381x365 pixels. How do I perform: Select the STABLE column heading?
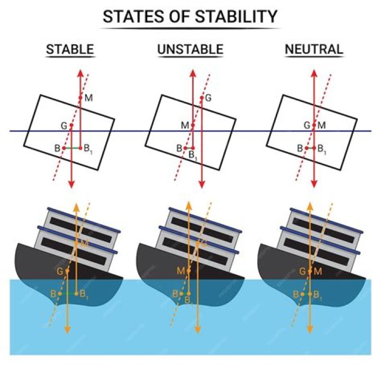70,50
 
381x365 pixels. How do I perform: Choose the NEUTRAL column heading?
314,50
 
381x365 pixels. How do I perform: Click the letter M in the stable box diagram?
88,98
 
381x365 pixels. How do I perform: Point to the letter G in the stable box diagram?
64,126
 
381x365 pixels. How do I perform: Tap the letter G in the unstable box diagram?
208,97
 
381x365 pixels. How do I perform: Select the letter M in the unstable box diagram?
184,125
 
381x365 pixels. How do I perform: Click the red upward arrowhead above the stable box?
80,72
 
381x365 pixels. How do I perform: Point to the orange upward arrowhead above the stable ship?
76,206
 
